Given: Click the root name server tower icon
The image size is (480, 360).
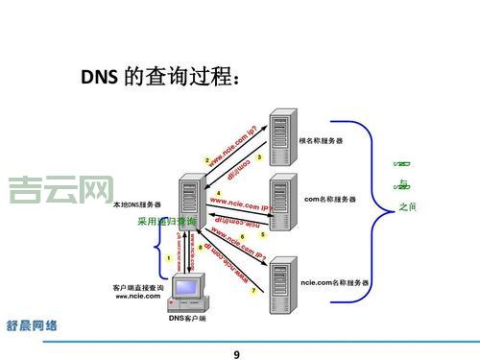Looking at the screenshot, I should tap(282, 139).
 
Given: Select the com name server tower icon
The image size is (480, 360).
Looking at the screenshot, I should tap(282, 200).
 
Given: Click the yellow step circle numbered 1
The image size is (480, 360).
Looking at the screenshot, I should tap(169, 257).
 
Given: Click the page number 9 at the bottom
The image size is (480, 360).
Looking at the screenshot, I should tap(237, 352).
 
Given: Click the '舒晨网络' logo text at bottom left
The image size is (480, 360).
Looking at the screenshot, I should tap(32, 326).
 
